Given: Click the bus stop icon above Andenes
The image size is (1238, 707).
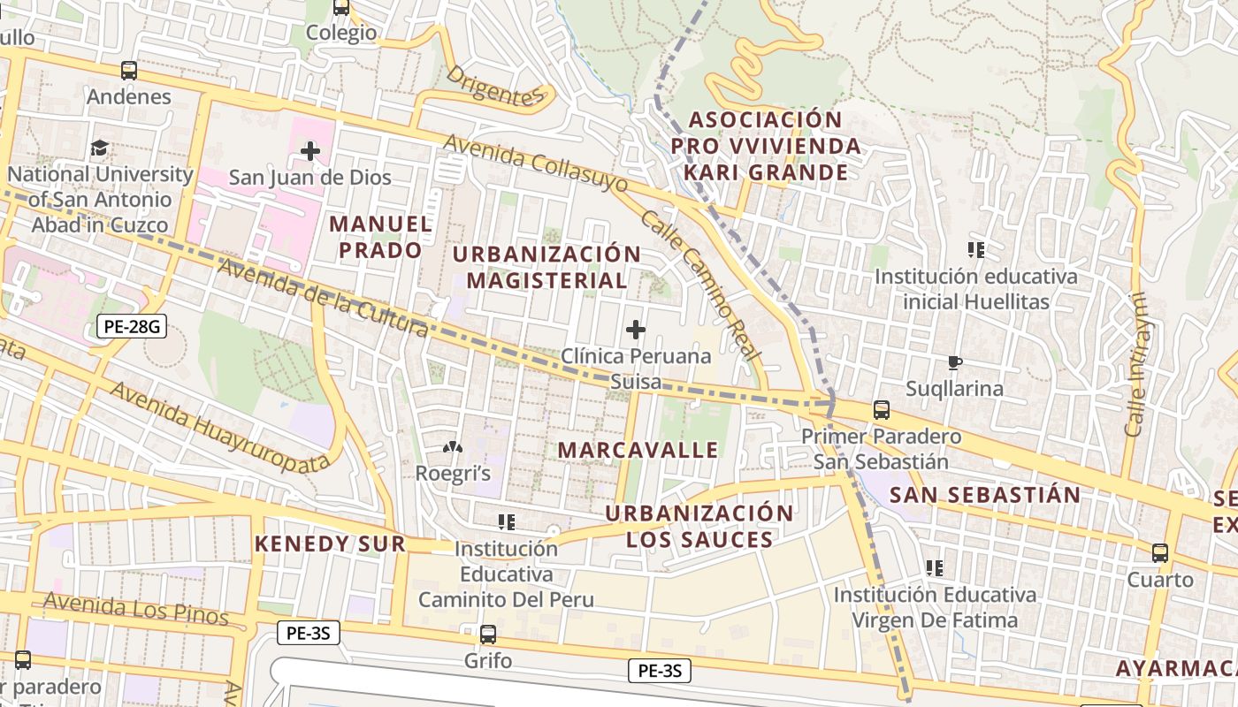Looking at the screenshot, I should click(x=129, y=71).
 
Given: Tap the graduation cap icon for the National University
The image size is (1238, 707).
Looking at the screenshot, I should click(x=99, y=148).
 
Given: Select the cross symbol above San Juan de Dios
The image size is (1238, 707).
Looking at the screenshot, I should click(x=309, y=151).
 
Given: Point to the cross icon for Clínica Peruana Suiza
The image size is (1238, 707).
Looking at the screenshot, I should click(x=635, y=331).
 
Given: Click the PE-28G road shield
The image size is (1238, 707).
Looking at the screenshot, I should click(x=131, y=327).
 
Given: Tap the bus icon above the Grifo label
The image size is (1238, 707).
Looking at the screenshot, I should click(x=487, y=634).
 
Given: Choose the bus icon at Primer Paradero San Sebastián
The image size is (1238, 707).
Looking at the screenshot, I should click(x=881, y=410).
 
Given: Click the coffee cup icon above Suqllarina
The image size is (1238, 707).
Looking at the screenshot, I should click(x=954, y=362).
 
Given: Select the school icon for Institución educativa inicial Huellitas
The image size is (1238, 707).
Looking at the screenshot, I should click(x=976, y=250).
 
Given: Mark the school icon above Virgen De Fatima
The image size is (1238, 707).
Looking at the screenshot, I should click(x=934, y=567).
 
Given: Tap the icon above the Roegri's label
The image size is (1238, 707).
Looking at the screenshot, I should click(x=453, y=448).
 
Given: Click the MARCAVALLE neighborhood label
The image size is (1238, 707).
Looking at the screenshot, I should click(x=638, y=450).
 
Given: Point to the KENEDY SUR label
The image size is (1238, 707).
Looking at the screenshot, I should click(x=330, y=544).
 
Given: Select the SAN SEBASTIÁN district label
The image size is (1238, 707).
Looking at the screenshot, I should click(x=985, y=495).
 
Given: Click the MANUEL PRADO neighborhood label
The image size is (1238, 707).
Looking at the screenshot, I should click(x=381, y=237).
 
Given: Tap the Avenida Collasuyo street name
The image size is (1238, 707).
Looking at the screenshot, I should click(x=535, y=163).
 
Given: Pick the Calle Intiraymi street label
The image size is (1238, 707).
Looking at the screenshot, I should click(x=1136, y=365).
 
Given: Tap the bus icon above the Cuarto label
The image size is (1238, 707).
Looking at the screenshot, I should click(x=1159, y=553).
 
